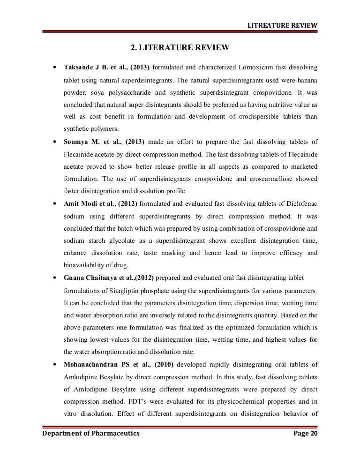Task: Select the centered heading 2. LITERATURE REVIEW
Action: tap(180, 47)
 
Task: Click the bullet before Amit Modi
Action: tap(56, 204)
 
